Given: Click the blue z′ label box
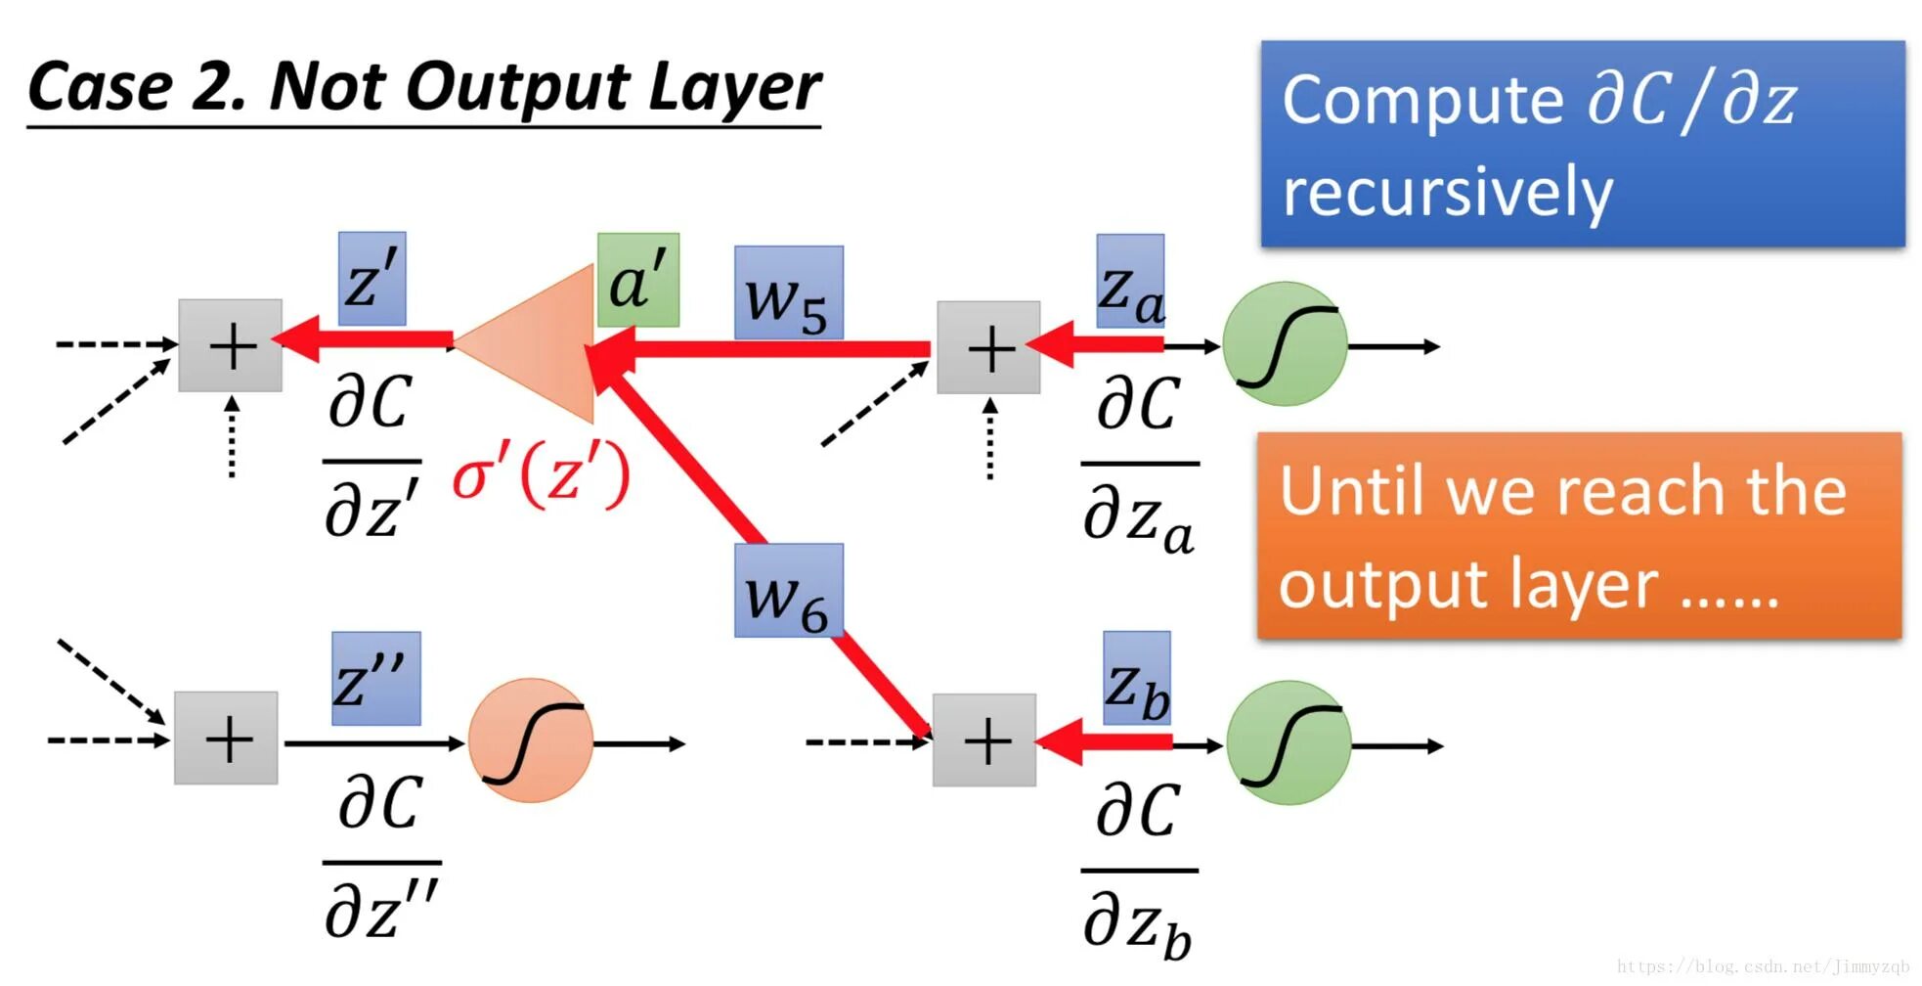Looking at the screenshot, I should point(371,279).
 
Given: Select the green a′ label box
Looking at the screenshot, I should point(638,280).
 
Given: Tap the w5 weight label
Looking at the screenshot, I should point(788,293).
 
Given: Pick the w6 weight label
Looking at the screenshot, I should point(788,591).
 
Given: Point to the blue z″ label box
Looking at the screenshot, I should point(375,679).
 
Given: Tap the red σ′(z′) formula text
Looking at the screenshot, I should point(541,477).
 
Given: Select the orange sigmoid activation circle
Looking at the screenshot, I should point(531,740).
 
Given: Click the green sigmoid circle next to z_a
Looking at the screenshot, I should point(1285,344).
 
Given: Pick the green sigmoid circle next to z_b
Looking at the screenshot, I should point(1289,742).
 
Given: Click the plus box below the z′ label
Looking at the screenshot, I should point(231,345).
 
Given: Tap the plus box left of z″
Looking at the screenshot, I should point(226,739).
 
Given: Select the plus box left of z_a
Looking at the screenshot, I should point(988,347).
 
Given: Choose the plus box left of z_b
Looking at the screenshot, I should point(984,740).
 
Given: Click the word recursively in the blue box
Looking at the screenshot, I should point(1447,191).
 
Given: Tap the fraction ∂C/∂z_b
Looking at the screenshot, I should point(1139,869).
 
